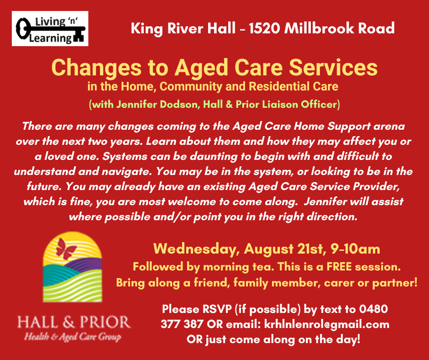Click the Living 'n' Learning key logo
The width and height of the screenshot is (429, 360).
coord(50,28)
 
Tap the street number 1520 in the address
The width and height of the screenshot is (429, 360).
coord(264,28)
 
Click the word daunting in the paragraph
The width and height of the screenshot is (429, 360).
coord(214,157)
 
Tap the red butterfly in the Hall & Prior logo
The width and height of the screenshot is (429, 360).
coord(66,249)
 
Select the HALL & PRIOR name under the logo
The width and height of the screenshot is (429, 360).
coord(74,322)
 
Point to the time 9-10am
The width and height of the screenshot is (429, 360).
coord(355,249)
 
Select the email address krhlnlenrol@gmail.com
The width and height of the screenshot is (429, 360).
coord(327,325)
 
